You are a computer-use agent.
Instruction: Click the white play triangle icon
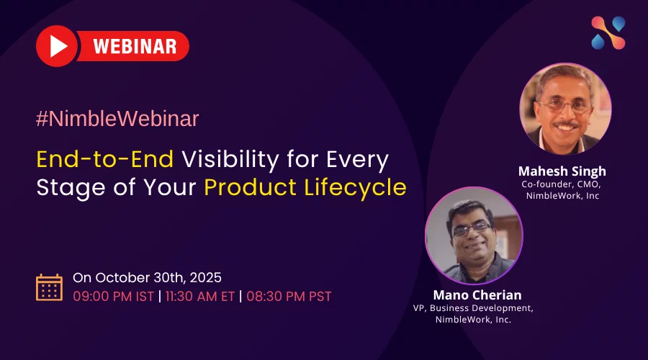pyautogui.click(x=58, y=46)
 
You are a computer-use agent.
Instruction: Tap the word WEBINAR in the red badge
pyautogui.click(x=135, y=46)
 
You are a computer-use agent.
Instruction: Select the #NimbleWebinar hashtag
pyautogui.click(x=117, y=119)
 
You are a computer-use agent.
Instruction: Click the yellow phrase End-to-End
pyautogui.click(x=105, y=159)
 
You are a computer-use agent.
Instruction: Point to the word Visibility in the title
pyautogui.click(x=230, y=161)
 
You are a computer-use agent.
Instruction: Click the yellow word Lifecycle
pyautogui.click(x=356, y=188)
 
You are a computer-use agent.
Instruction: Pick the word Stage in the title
pyautogui.click(x=71, y=189)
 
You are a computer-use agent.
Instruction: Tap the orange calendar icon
pyautogui.click(x=49, y=287)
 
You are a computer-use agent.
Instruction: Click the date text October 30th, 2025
pyautogui.click(x=158, y=278)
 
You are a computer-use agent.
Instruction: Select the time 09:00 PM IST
pyautogui.click(x=113, y=297)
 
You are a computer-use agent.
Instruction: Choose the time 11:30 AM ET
pyautogui.click(x=200, y=297)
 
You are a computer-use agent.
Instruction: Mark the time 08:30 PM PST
pyautogui.click(x=289, y=297)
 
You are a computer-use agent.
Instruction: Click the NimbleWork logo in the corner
pyautogui.click(x=608, y=33)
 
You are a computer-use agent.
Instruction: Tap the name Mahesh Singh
pyautogui.click(x=562, y=171)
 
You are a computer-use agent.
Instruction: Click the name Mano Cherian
pyautogui.click(x=477, y=295)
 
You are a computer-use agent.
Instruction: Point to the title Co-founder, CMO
pyautogui.click(x=561, y=184)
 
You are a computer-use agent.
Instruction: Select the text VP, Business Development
pyautogui.click(x=473, y=308)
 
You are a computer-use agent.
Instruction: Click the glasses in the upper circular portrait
pyautogui.click(x=564, y=107)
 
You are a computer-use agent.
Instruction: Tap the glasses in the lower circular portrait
pyautogui.click(x=472, y=229)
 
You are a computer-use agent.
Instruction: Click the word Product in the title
pyautogui.click(x=250, y=187)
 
